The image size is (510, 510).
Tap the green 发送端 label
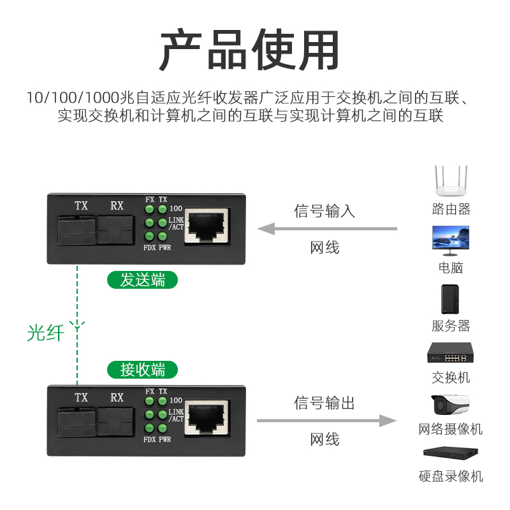coord(142,279)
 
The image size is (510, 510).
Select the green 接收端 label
coord(142,369)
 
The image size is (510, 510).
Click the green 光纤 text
coord(46,332)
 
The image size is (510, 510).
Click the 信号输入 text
coord(324,211)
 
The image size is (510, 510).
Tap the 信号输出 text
coord(324,403)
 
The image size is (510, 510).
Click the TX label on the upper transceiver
coord(81,205)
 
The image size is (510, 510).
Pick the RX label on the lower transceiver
coord(117,397)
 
